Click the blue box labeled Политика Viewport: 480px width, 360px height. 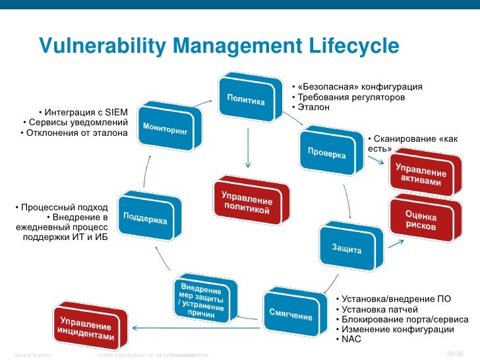(x=247, y=100)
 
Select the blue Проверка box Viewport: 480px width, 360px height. (x=326, y=154)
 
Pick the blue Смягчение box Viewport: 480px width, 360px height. (x=290, y=314)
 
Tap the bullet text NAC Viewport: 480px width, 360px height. (x=349, y=339)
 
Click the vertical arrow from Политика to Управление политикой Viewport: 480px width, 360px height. (x=247, y=145)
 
